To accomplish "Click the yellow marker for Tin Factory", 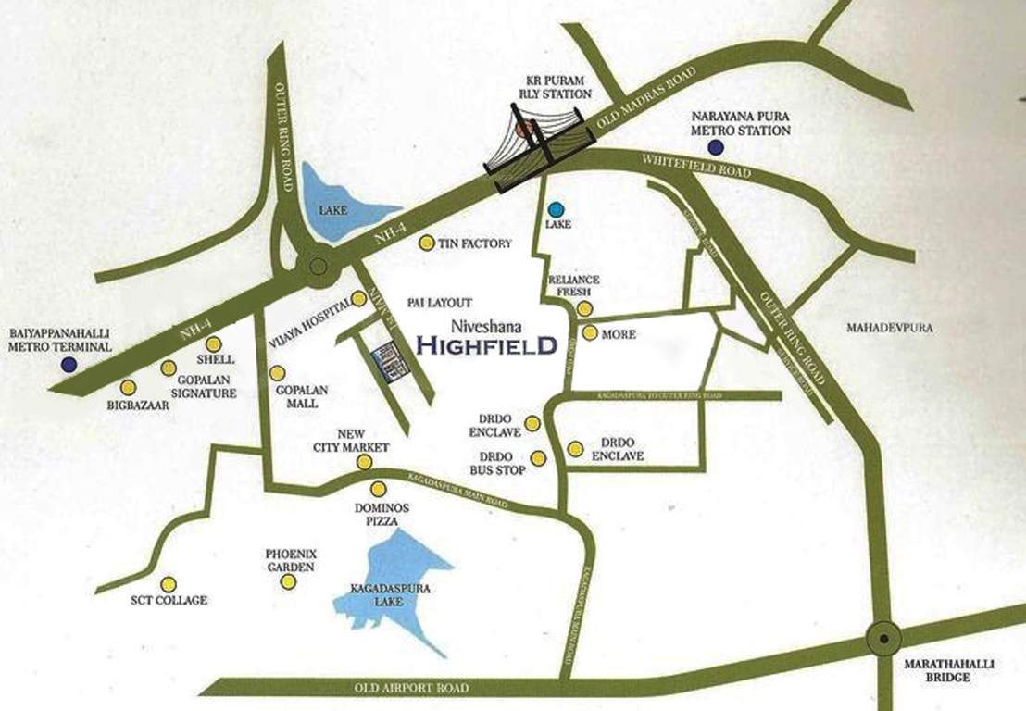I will click(x=426, y=243).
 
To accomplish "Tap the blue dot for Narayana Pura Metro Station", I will click(x=714, y=147).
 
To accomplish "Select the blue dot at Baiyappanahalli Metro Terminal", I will click(x=69, y=364).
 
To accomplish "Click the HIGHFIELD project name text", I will click(x=486, y=346).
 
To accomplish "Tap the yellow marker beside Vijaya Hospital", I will click(x=358, y=299).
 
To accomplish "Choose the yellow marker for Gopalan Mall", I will click(x=276, y=373).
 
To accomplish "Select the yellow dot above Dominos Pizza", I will click(x=377, y=489).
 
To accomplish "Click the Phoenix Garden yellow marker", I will click(x=289, y=581).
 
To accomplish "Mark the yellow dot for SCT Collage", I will click(x=169, y=584).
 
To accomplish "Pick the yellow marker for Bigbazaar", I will click(x=128, y=387).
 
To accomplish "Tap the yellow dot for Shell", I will click(x=214, y=343).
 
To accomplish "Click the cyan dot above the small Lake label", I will click(x=556, y=209).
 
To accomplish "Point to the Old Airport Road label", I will click(x=411, y=689).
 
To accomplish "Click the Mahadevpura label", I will click(x=889, y=328).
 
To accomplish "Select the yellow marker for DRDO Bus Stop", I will click(x=538, y=457).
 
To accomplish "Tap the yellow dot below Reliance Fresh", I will click(x=584, y=308).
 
